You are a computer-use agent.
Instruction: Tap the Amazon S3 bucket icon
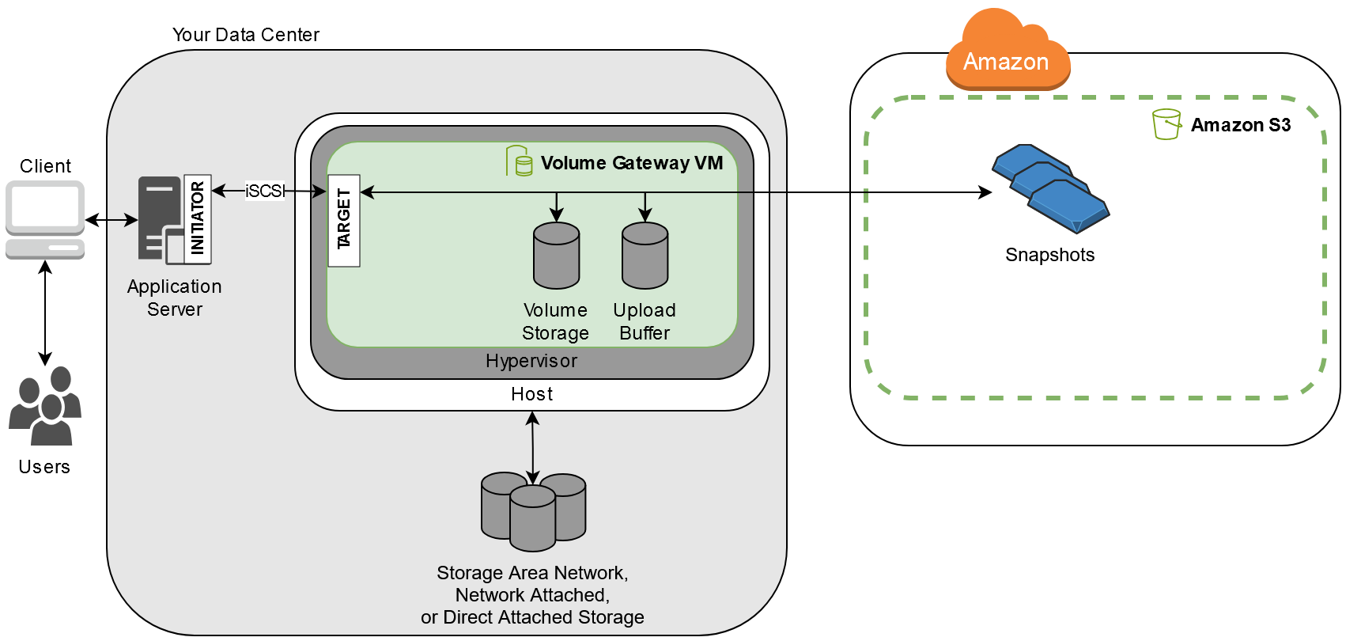click(x=1166, y=124)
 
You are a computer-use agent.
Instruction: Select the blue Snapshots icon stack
click(x=1050, y=189)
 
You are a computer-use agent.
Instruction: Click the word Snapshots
click(x=1049, y=255)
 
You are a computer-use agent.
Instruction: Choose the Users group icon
click(x=45, y=405)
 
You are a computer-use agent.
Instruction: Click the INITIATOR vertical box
click(x=198, y=218)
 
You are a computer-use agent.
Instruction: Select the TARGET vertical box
click(x=344, y=220)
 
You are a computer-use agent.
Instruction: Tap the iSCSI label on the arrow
click(x=264, y=191)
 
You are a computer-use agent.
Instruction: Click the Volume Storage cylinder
click(x=556, y=256)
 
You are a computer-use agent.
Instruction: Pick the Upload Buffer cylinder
click(x=645, y=256)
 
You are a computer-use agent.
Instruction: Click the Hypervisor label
click(x=531, y=361)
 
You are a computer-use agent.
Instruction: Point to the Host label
click(x=531, y=394)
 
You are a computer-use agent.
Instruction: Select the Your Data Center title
click(x=246, y=35)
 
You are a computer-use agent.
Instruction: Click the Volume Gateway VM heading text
click(x=631, y=163)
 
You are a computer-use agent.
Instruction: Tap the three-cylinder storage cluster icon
click(x=533, y=511)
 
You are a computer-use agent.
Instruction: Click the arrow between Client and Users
click(x=45, y=313)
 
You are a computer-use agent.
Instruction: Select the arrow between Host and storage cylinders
click(x=532, y=448)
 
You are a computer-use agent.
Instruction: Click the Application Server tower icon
click(x=161, y=219)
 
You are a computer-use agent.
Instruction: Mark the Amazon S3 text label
click(x=1240, y=125)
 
